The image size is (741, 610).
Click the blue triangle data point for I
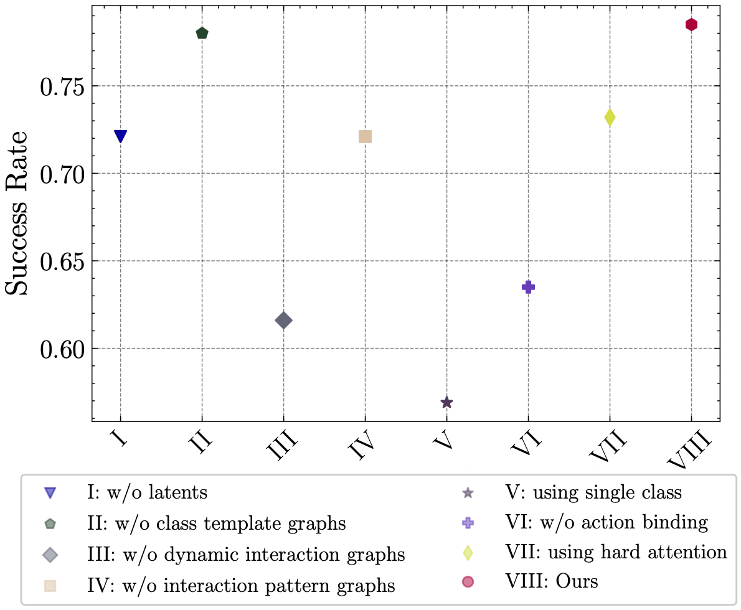click(120, 136)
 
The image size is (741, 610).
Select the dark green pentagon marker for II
click(202, 33)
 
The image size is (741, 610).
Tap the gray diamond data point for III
click(283, 321)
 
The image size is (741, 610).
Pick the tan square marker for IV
click(365, 136)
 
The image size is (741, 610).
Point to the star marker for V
click(446, 403)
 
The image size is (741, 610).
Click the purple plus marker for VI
click(528, 287)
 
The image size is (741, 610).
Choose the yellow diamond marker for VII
click(610, 117)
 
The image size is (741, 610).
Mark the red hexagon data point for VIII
click(691, 24)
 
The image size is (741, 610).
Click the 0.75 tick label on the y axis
click(62, 87)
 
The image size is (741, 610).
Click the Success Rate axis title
click(17, 213)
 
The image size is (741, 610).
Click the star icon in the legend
click(468, 493)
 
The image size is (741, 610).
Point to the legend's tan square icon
click(50, 586)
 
